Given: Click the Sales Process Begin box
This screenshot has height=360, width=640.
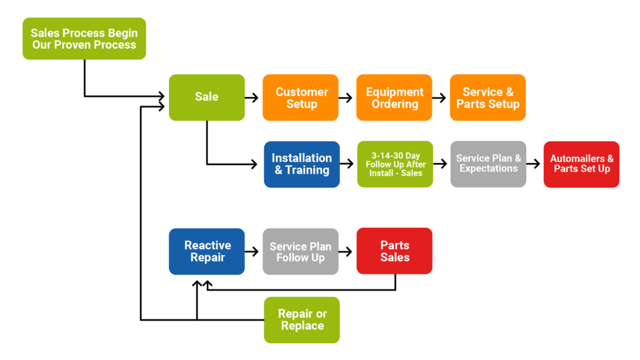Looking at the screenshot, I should (84, 39).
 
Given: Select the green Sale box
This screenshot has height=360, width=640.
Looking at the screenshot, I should (207, 97).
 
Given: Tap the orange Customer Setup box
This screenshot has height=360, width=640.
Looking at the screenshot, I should (301, 97).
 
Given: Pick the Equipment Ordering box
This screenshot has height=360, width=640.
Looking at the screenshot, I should (394, 97).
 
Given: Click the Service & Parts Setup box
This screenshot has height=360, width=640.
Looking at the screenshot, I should (487, 97).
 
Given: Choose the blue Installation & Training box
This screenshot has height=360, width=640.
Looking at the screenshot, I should (302, 164).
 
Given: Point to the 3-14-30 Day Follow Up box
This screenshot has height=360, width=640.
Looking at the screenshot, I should (395, 164).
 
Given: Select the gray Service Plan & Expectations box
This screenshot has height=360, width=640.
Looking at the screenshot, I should (488, 164).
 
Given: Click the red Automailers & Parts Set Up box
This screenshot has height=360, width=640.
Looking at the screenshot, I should (581, 164).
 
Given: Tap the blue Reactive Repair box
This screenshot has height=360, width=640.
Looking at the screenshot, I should (207, 251).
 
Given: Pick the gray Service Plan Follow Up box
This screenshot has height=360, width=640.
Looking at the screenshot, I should (301, 251).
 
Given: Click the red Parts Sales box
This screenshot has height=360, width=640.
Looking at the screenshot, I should (394, 251).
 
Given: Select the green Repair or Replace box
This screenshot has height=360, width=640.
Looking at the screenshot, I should (302, 319).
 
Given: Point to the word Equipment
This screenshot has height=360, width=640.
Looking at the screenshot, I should (394, 92).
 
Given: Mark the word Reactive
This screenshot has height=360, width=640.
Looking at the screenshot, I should (207, 246).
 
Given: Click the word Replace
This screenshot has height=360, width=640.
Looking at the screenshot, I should (302, 326).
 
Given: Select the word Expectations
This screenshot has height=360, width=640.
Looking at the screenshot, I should (488, 169).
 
